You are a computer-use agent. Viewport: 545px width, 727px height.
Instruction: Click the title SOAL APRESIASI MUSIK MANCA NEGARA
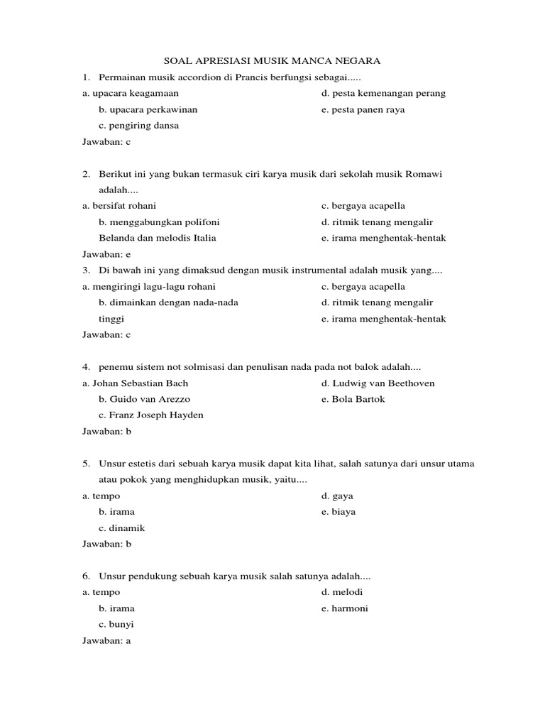click(x=272, y=61)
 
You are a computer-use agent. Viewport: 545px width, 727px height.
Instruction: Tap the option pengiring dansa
click(x=139, y=126)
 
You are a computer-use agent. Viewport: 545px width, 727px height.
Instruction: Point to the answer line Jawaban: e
click(x=107, y=254)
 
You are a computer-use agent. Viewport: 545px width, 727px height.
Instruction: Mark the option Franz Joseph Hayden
click(x=151, y=415)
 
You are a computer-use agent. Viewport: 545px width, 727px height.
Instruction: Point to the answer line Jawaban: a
click(x=107, y=640)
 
